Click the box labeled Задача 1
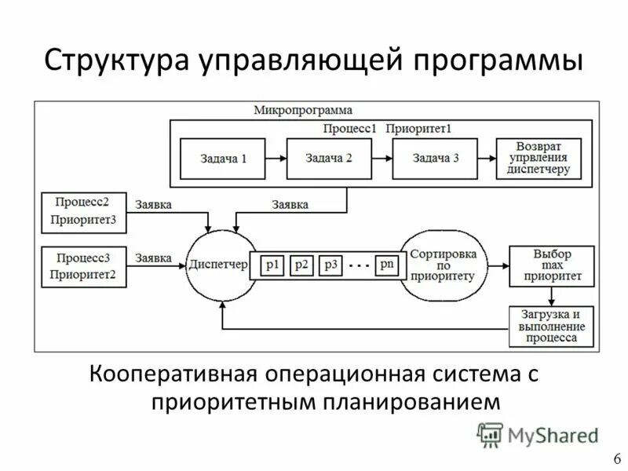click(223, 159)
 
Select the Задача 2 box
click(328, 159)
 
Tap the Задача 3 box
click(436, 159)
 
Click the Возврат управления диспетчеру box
click(539, 159)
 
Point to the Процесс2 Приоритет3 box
click(83, 212)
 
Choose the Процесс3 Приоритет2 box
click(83, 266)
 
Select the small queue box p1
click(272, 265)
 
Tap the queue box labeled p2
click(301, 265)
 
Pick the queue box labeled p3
click(330, 265)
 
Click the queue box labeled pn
click(387, 265)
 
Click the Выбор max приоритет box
click(551, 265)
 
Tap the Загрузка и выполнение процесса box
click(551, 326)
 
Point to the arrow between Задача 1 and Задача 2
click(276, 159)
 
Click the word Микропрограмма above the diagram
click(302, 110)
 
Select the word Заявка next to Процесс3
click(154, 257)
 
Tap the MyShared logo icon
click(490, 434)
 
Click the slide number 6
click(616, 458)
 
